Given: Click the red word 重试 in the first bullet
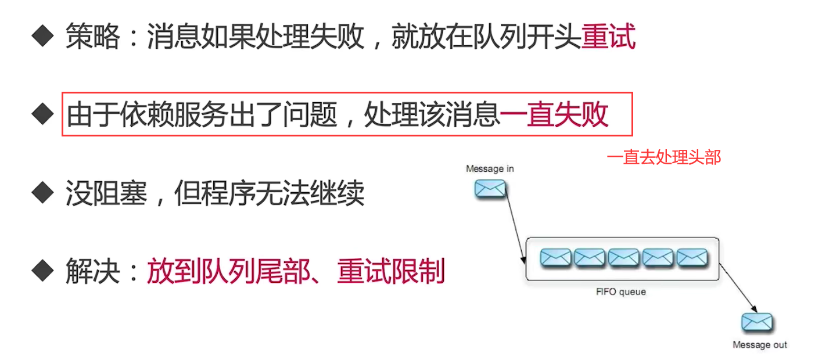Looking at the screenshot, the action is (x=608, y=37).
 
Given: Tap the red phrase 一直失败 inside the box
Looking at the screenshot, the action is (x=554, y=114).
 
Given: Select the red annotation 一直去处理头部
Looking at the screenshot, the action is (x=663, y=157).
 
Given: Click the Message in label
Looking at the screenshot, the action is (x=490, y=169).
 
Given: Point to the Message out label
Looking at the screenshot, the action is (x=759, y=345).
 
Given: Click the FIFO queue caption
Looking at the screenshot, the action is (x=621, y=291).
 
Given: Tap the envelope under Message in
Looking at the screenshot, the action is (x=490, y=189).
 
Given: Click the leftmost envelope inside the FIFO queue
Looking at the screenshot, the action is (x=555, y=257).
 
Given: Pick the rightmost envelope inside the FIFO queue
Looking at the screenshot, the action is (x=692, y=257).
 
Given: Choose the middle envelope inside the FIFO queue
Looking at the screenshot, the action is (x=624, y=257).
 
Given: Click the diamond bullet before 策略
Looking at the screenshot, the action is (x=42, y=37).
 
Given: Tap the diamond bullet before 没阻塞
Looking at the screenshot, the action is (x=42, y=192).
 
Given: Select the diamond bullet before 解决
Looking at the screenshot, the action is (x=42, y=270).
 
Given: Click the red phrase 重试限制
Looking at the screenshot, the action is (x=391, y=271).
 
